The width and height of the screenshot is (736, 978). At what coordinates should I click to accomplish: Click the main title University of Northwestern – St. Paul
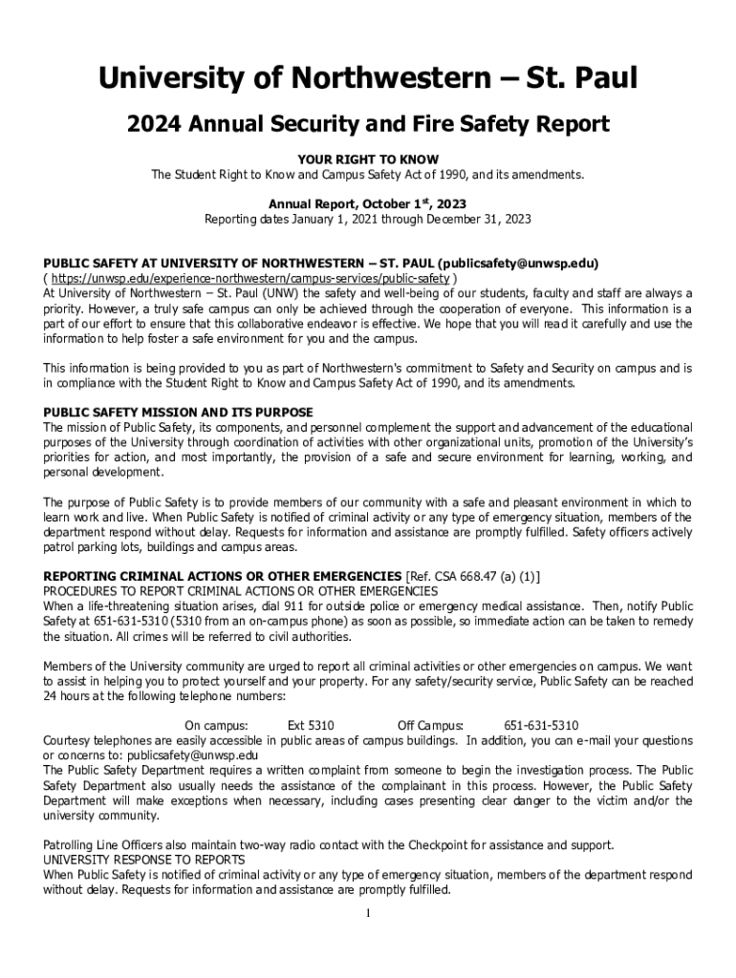[368, 78]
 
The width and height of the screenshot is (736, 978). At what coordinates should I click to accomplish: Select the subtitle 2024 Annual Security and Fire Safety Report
[368, 124]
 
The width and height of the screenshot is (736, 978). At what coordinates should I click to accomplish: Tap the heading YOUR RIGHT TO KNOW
[368, 159]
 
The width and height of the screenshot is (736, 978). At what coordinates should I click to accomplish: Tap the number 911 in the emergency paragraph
[288, 606]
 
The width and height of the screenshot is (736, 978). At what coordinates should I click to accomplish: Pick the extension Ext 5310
[311, 725]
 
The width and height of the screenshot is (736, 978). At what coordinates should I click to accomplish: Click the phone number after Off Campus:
[541, 725]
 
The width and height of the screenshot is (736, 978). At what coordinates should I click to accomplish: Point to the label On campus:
[216, 725]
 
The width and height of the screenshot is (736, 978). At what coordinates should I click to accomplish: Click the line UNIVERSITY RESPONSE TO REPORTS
[144, 860]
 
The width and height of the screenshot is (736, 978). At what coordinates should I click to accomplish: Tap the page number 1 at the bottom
[368, 913]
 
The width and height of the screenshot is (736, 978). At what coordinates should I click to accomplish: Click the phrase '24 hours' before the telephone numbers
[69, 696]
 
